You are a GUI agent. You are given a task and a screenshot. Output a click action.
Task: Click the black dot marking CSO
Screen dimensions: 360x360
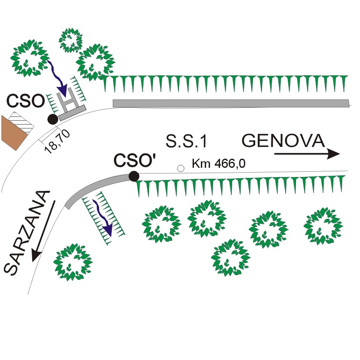[53, 119]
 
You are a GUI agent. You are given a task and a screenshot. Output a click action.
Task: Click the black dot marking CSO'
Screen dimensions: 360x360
[134, 177]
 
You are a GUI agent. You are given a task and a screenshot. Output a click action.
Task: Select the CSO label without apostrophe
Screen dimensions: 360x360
[26, 101]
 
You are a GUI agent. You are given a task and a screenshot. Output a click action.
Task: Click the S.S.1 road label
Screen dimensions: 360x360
[186, 141]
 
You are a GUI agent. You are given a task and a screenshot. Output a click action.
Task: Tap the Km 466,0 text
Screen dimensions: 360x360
[219, 163]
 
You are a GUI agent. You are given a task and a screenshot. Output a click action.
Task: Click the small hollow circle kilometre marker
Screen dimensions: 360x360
[181, 169]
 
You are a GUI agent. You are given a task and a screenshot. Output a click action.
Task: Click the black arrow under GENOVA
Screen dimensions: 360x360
[307, 154]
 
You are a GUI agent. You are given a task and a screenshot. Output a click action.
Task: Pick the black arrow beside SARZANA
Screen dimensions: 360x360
[43, 231]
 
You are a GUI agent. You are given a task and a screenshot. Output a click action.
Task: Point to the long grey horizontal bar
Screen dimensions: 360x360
[231, 103]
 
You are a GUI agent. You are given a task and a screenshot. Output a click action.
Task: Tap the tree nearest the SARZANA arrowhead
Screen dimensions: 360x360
[73, 262]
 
